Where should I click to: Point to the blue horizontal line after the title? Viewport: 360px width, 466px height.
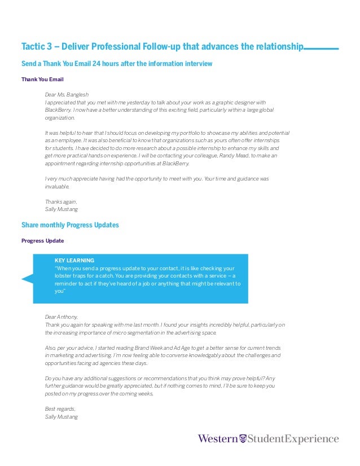(321, 49)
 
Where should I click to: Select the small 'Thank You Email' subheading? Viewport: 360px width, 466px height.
(39, 80)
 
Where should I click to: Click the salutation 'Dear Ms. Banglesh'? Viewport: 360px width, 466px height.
(67, 94)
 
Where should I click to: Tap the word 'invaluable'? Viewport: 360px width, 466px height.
(56, 186)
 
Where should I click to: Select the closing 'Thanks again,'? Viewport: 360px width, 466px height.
(60, 201)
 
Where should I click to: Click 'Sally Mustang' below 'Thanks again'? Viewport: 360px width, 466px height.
(61, 209)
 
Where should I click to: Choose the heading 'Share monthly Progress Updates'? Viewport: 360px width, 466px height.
(70, 225)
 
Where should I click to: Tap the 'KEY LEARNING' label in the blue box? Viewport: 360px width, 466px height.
(74, 260)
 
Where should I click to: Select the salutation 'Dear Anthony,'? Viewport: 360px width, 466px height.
(62, 317)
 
